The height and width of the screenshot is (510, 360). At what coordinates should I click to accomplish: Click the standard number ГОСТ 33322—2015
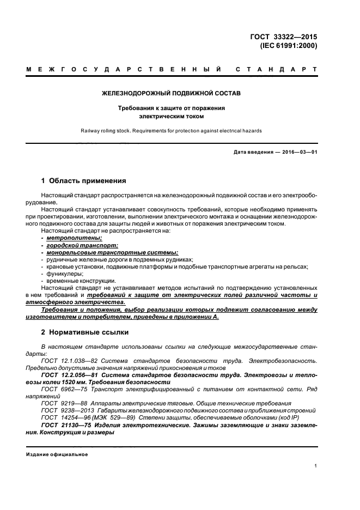[x=284, y=37]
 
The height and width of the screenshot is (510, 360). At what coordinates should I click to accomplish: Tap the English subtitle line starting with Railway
[x=171, y=131]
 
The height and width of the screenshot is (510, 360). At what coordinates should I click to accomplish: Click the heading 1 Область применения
[x=84, y=180]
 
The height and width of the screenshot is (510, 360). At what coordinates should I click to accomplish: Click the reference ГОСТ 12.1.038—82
[x=65, y=360]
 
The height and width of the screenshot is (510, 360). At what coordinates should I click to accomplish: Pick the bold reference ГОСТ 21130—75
[x=64, y=424]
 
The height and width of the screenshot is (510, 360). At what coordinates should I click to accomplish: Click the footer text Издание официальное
[x=57, y=454]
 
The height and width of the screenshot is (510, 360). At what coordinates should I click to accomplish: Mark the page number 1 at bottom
[x=316, y=466]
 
